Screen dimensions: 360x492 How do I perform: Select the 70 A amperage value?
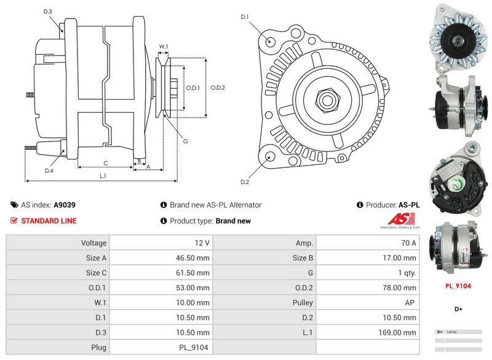tap(408, 244)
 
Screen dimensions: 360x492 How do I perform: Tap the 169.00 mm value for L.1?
tap(399, 332)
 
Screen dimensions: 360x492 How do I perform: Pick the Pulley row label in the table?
tap(303, 303)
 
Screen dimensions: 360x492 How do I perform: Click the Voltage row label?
tap(94, 244)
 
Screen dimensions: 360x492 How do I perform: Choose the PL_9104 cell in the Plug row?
tap(193, 347)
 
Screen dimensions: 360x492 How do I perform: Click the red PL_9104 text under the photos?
tap(458, 286)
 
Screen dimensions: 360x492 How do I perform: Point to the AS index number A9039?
tap(65, 205)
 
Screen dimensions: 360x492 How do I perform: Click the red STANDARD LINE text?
tap(49, 221)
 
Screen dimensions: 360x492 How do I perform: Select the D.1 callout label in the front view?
tap(244, 17)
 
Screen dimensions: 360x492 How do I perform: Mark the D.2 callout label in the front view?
tap(244, 182)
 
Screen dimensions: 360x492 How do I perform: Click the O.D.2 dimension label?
tap(218, 87)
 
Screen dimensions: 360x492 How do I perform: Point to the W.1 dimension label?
tap(164, 47)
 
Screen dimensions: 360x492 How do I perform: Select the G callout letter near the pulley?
tap(186, 142)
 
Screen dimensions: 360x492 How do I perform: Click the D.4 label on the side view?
tap(49, 170)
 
